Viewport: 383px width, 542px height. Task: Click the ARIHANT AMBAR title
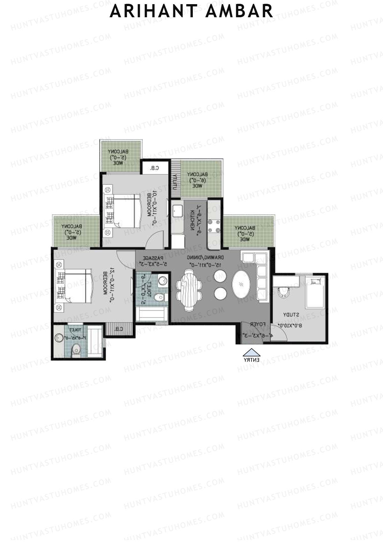(191, 11)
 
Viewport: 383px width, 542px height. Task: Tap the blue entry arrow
(252, 352)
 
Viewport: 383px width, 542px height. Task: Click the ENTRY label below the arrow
(252, 360)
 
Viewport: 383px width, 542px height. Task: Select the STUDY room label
(291, 315)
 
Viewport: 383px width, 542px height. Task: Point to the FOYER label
(258, 324)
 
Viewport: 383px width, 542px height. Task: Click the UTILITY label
(175, 182)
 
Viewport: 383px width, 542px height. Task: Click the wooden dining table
(189, 290)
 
